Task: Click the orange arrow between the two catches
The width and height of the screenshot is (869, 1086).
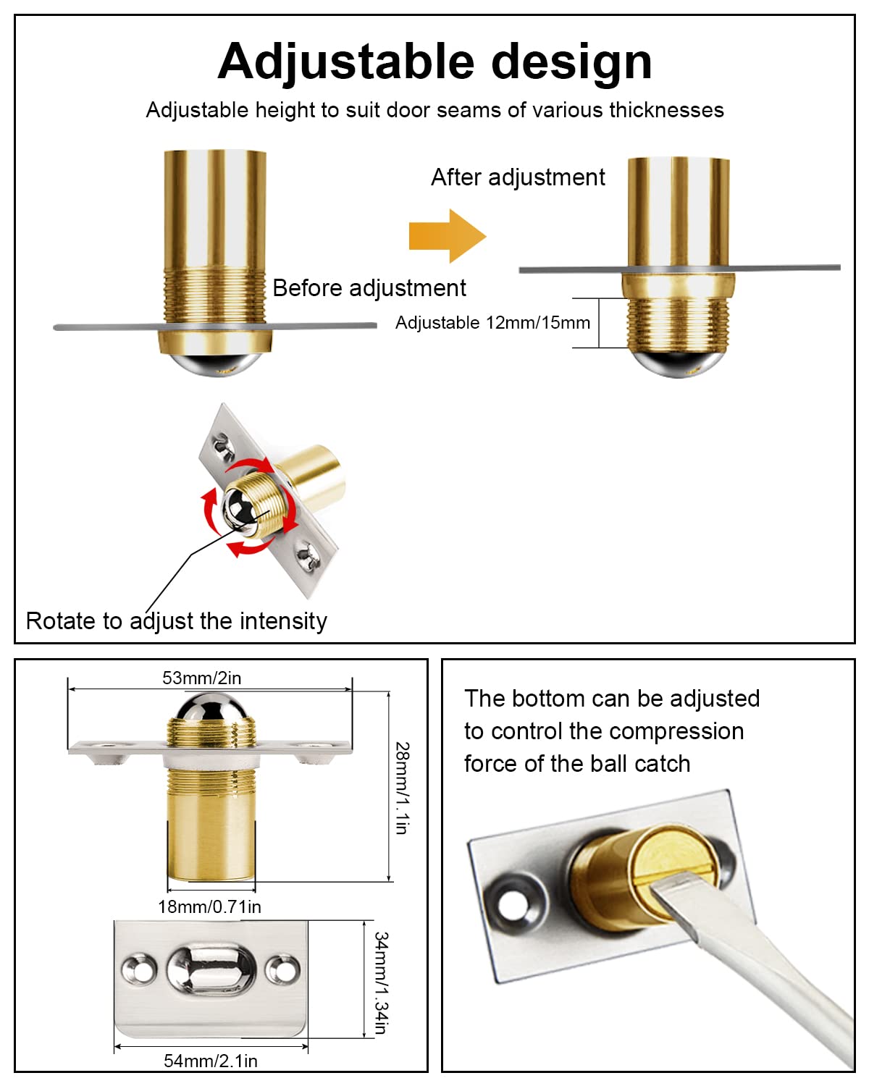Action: pos(448,236)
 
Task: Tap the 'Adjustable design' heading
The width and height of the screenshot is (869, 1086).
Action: pos(434,62)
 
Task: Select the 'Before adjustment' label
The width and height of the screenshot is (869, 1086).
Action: pos(369,288)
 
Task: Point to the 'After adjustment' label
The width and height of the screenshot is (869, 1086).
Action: pos(518,177)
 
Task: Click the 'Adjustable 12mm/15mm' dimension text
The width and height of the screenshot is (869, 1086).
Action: pos(492,322)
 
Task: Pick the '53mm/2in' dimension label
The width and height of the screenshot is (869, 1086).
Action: pos(201,678)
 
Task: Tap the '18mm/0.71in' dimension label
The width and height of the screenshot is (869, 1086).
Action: pos(209,907)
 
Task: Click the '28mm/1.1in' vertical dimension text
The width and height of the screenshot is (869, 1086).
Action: pos(402,788)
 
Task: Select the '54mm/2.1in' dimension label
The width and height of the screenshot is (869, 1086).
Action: pos(211,1061)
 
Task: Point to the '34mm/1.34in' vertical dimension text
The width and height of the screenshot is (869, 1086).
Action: pos(382,982)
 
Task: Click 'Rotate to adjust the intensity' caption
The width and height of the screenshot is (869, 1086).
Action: pos(176,621)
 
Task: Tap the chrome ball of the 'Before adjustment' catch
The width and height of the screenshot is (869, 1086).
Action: pos(216,364)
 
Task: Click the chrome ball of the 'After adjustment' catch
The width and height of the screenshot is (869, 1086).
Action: pos(679,364)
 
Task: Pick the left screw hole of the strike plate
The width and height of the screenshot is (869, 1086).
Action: pos(139,969)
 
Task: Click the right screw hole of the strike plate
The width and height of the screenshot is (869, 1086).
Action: pos(282,969)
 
